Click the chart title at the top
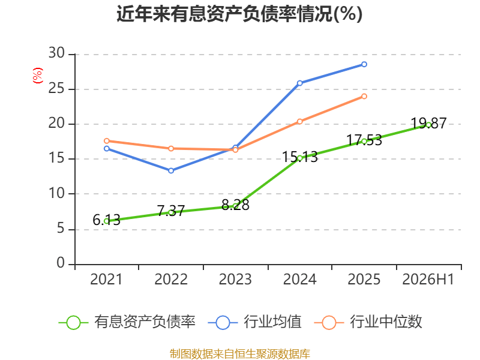tap(239, 14)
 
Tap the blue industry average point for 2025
tap(364, 64)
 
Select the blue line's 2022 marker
tap(171, 170)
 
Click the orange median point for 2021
tap(107, 141)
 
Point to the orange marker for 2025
tap(364, 97)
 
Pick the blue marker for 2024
tap(299, 83)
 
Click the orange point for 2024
tap(299, 122)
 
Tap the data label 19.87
tap(428, 124)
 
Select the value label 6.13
tap(107, 220)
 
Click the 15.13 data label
tap(299, 157)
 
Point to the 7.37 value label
tap(171, 211)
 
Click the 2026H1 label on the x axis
tap(428, 279)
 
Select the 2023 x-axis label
tap(235, 279)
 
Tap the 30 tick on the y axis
tap(56, 53)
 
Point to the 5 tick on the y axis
tap(61, 229)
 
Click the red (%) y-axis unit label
tap(38, 76)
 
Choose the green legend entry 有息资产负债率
tap(127, 322)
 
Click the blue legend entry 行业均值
tap(254, 322)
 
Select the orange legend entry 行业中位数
tap(368, 322)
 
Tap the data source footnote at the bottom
tap(239, 354)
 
